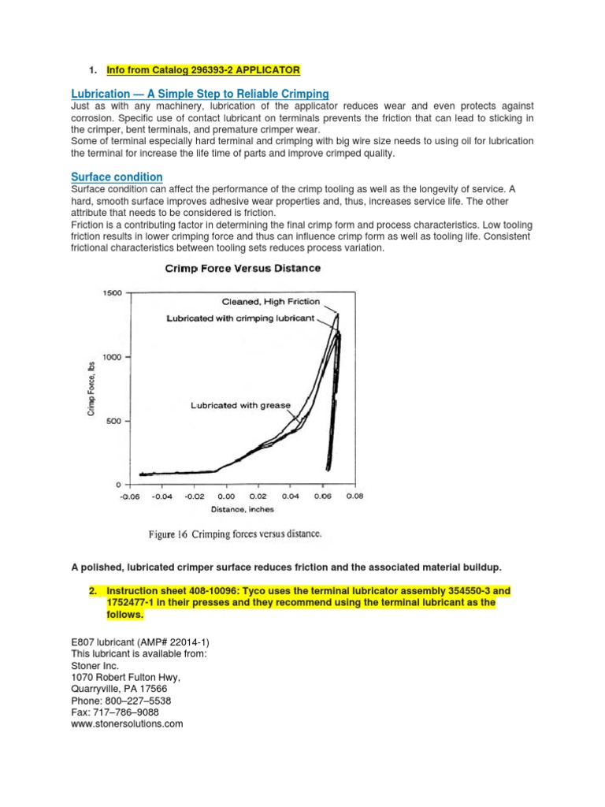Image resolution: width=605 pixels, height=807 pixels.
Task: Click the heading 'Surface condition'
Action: pos(117,177)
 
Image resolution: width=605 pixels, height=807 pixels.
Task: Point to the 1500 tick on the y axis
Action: pos(111,293)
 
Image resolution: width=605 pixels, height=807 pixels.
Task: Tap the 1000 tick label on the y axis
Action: pos(111,357)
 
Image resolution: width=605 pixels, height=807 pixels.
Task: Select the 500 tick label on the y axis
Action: pos(114,421)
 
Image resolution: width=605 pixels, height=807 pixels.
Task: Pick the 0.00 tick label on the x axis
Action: pos(226,497)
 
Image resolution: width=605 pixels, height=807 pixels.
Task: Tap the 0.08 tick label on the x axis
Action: pos(354,497)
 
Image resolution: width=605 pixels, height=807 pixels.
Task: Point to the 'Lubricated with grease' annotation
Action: pos(240,405)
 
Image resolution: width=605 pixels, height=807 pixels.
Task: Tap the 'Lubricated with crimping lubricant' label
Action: pos(240,318)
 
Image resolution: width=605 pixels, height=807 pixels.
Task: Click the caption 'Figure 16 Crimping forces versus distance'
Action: pos(235,534)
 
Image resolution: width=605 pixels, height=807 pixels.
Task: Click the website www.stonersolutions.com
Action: pos(127,723)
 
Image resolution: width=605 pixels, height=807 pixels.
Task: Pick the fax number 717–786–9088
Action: pos(115,712)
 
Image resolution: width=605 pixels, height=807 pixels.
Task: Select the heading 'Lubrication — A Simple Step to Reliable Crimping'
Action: pos(199,94)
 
